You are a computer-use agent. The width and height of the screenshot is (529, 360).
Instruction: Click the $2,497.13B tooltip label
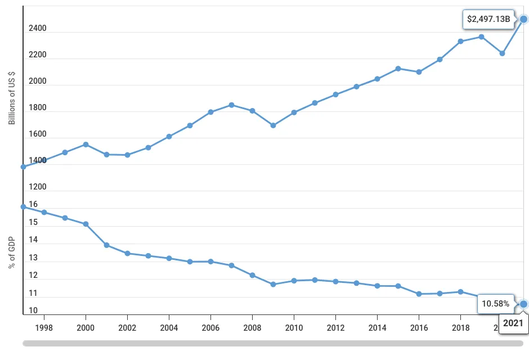[x=488, y=20]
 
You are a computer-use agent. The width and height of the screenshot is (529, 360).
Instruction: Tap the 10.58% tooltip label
[x=495, y=304]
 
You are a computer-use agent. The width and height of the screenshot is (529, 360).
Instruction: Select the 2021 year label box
[x=513, y=323]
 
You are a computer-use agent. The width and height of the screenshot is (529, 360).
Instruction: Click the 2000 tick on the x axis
[x=86, y=327]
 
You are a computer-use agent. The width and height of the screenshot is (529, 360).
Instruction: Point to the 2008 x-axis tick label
[x=252, y=327]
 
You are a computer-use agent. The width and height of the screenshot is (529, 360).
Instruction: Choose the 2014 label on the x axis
[x=377, y=327]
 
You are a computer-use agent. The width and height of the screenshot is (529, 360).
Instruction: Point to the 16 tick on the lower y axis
[x=33, y=205]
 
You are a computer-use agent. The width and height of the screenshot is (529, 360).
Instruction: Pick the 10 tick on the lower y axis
[x=33, y=310]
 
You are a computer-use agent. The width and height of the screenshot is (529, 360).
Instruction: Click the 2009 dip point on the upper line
[x=273, y=125]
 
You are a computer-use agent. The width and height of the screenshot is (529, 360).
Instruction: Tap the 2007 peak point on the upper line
[x=231, y=105]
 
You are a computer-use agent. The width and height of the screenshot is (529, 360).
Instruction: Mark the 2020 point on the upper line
[x=503, y=53]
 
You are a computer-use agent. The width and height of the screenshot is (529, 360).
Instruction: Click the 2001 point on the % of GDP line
[x=106, y=245]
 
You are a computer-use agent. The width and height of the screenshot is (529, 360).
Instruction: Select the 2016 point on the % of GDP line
[x=419, y=294]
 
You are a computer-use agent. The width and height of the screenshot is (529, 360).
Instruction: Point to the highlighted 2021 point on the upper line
[x=523, y=19]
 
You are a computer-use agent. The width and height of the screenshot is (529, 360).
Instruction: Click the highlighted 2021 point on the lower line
[x=523, y=304]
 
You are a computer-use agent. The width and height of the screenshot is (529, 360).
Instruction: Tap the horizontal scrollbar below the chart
[x=273, y=343]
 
